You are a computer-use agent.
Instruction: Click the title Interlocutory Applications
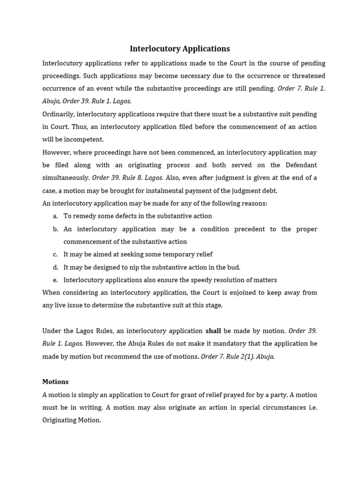[x=180, y=49]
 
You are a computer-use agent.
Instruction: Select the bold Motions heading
[x=55, y=382]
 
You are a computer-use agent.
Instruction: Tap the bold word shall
[x=213, y=331]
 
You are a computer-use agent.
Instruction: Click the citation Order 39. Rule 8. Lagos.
[x=127, y=178]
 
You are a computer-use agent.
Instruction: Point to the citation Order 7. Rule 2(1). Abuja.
[x=238, y=356]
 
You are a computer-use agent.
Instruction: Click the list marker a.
[x=55, y=216]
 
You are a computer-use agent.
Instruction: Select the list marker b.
[x=55, y=229]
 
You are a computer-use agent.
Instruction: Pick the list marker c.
[x=55, y=255]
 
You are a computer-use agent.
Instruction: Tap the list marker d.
[x=55, y=267]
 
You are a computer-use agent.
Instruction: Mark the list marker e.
[x=55, y=280]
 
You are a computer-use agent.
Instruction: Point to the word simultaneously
[x=66, y=178]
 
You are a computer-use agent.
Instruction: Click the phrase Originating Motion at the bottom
[x=71, y=420]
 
